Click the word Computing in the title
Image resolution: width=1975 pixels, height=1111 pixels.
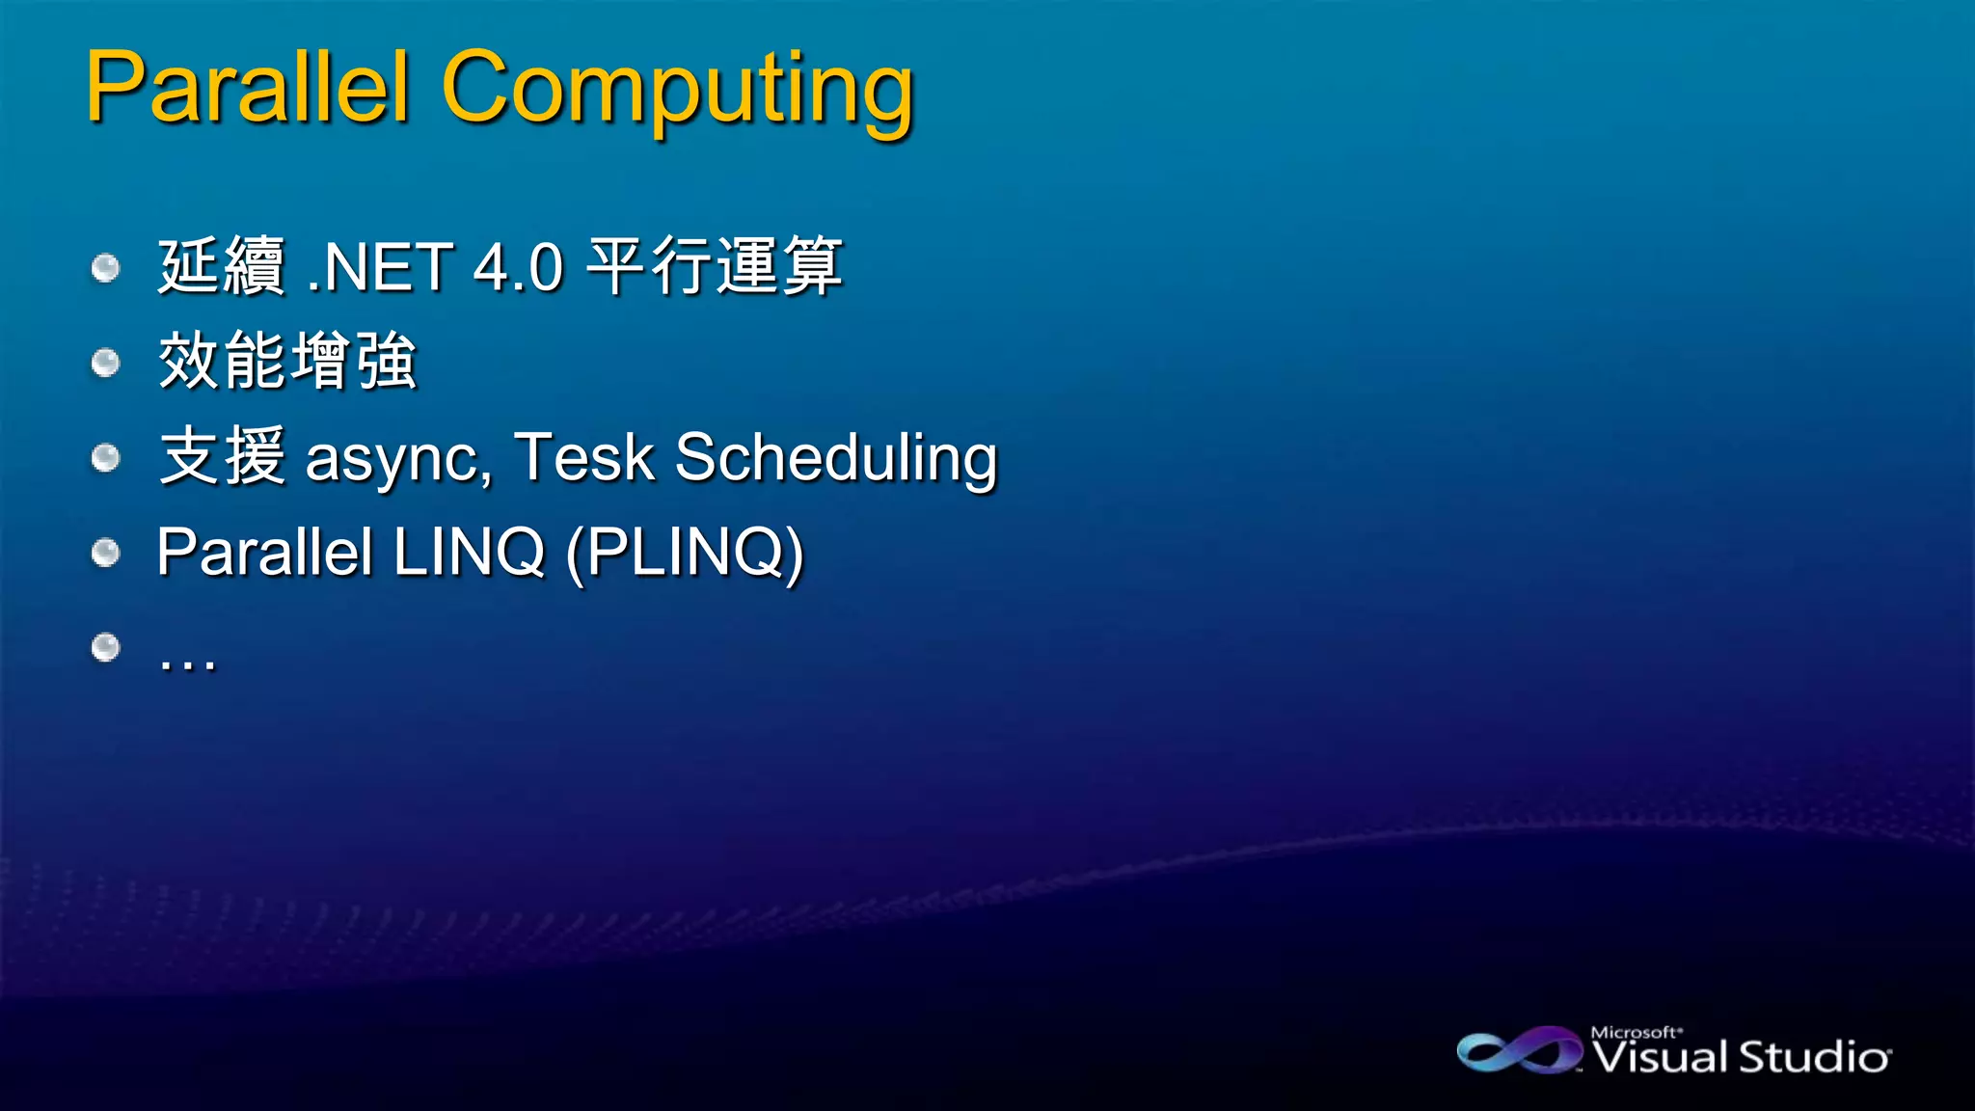(x=677, y=92)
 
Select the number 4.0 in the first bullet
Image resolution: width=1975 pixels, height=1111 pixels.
(x=518, y=267)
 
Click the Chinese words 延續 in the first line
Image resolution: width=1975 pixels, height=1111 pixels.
(x=222, y=266)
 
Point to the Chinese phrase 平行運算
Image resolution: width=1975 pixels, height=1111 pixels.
(x=715, y=266)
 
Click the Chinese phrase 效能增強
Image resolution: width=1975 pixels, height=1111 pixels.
(x=287, y=361)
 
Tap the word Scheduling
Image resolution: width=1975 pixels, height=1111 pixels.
(x=835, y=459)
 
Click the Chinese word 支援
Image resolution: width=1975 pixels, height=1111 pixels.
(x=222, y=456)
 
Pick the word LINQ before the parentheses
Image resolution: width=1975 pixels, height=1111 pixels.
(x=470, y=552)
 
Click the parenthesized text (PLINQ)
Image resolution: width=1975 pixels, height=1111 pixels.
(x=685, y=553)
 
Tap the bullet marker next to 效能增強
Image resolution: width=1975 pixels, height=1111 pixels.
(x=105, y=362)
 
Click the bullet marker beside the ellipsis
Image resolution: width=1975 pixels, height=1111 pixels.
(x=105, y=646)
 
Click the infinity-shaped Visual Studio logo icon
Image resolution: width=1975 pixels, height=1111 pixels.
(x=1519, y=1051)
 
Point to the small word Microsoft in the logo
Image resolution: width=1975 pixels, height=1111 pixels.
(x=1634, y=1032)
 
